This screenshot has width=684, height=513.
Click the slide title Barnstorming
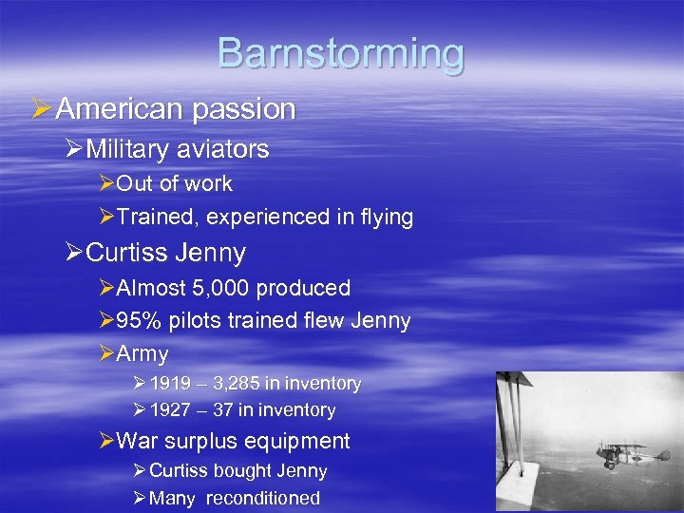(341, 53)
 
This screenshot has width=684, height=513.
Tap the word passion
(244, 109)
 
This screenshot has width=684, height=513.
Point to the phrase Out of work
(174, 183)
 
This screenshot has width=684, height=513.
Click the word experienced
(268, 218)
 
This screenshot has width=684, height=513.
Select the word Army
(142, 354)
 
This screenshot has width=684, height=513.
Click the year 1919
(170, 384)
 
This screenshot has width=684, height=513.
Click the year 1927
(170, 410)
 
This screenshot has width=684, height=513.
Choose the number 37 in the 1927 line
(224, 410)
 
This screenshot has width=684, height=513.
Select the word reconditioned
(263, 499)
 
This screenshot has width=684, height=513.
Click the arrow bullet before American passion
(42, 109)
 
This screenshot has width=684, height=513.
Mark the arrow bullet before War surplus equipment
(106, 441)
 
